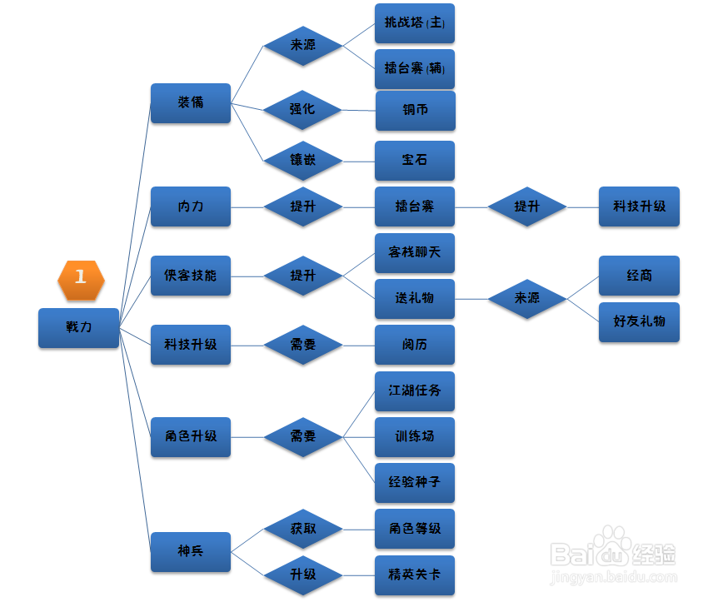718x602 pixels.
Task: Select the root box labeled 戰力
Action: pos(78,327)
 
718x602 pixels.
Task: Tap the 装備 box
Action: pos(191,103)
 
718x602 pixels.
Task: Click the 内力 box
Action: pos(191,206)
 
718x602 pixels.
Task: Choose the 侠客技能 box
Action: pos(191,276)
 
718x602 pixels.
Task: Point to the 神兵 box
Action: pos(191,551)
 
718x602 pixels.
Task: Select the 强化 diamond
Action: pos(303,110)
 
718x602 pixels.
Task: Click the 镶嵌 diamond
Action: pos(303,160)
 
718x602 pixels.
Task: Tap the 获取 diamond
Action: pos(303,529)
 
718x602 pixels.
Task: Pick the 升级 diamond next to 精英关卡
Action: pos(303,575)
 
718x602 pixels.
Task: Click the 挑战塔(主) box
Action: pos(415,24)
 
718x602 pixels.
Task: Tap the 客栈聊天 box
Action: pos(415,252)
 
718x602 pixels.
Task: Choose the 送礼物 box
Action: pos(415,298)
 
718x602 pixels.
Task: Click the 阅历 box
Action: pos(415,345)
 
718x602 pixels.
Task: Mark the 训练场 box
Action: pos(415,436)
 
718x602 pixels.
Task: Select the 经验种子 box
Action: pos(415,482)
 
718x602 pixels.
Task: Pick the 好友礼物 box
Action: pos(640,321)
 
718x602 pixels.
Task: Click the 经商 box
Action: pos(640,276)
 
